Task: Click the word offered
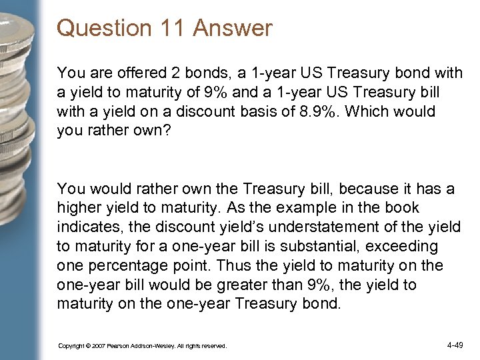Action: pyautogui.click(x=136, y=70)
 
